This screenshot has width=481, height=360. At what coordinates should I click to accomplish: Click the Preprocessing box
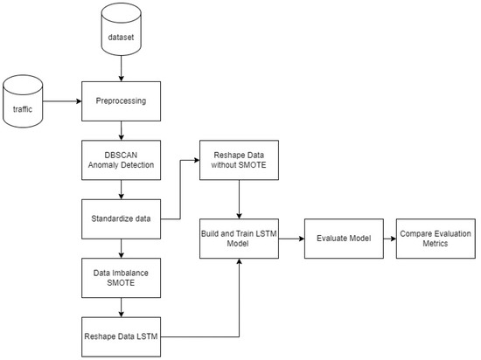click(x=121, y=101)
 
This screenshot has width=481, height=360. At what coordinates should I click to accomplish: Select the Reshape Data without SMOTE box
click(x=239, y=159)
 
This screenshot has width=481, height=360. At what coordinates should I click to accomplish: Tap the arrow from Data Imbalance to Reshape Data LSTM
click(x=121, y=306)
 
